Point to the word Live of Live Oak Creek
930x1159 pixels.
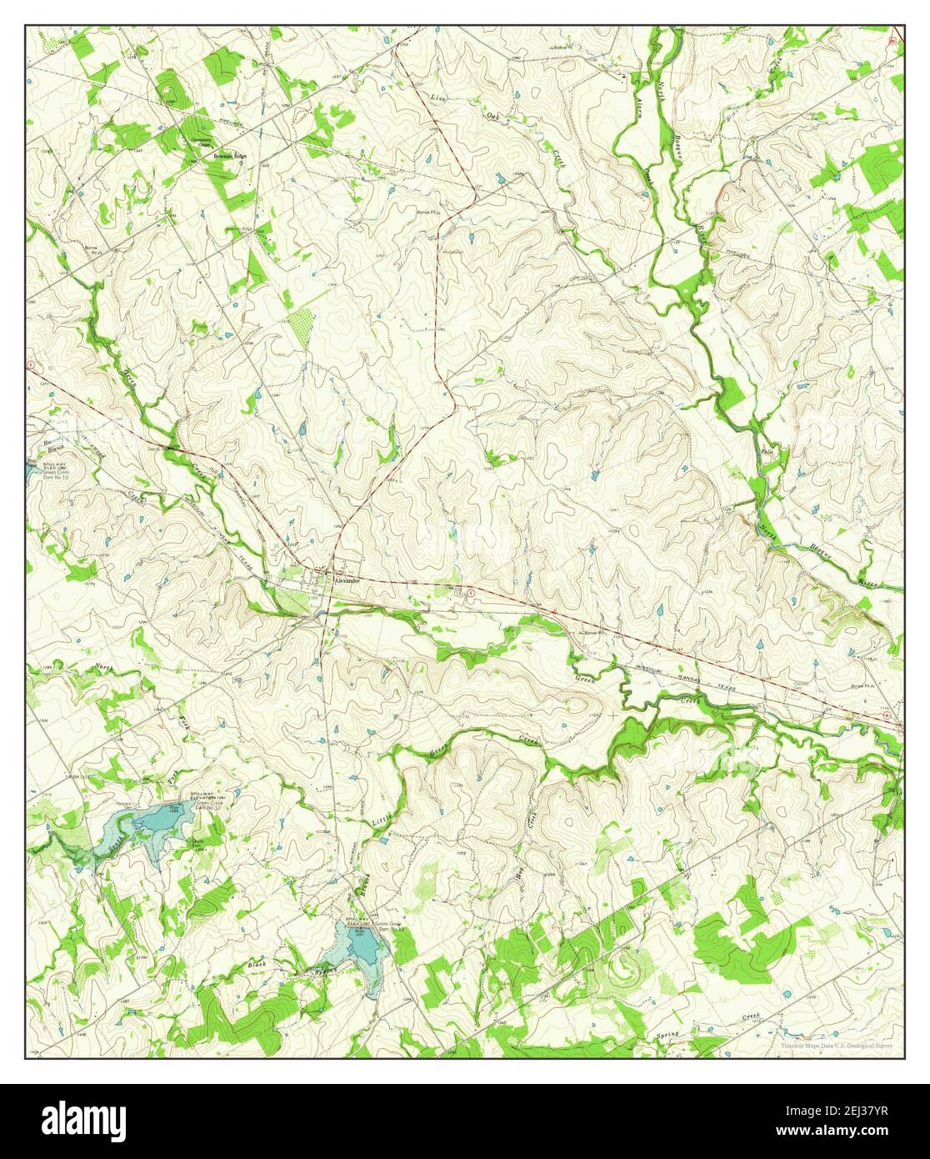(x=438, y=98)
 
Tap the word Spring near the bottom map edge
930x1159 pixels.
(x=667, y=1034)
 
